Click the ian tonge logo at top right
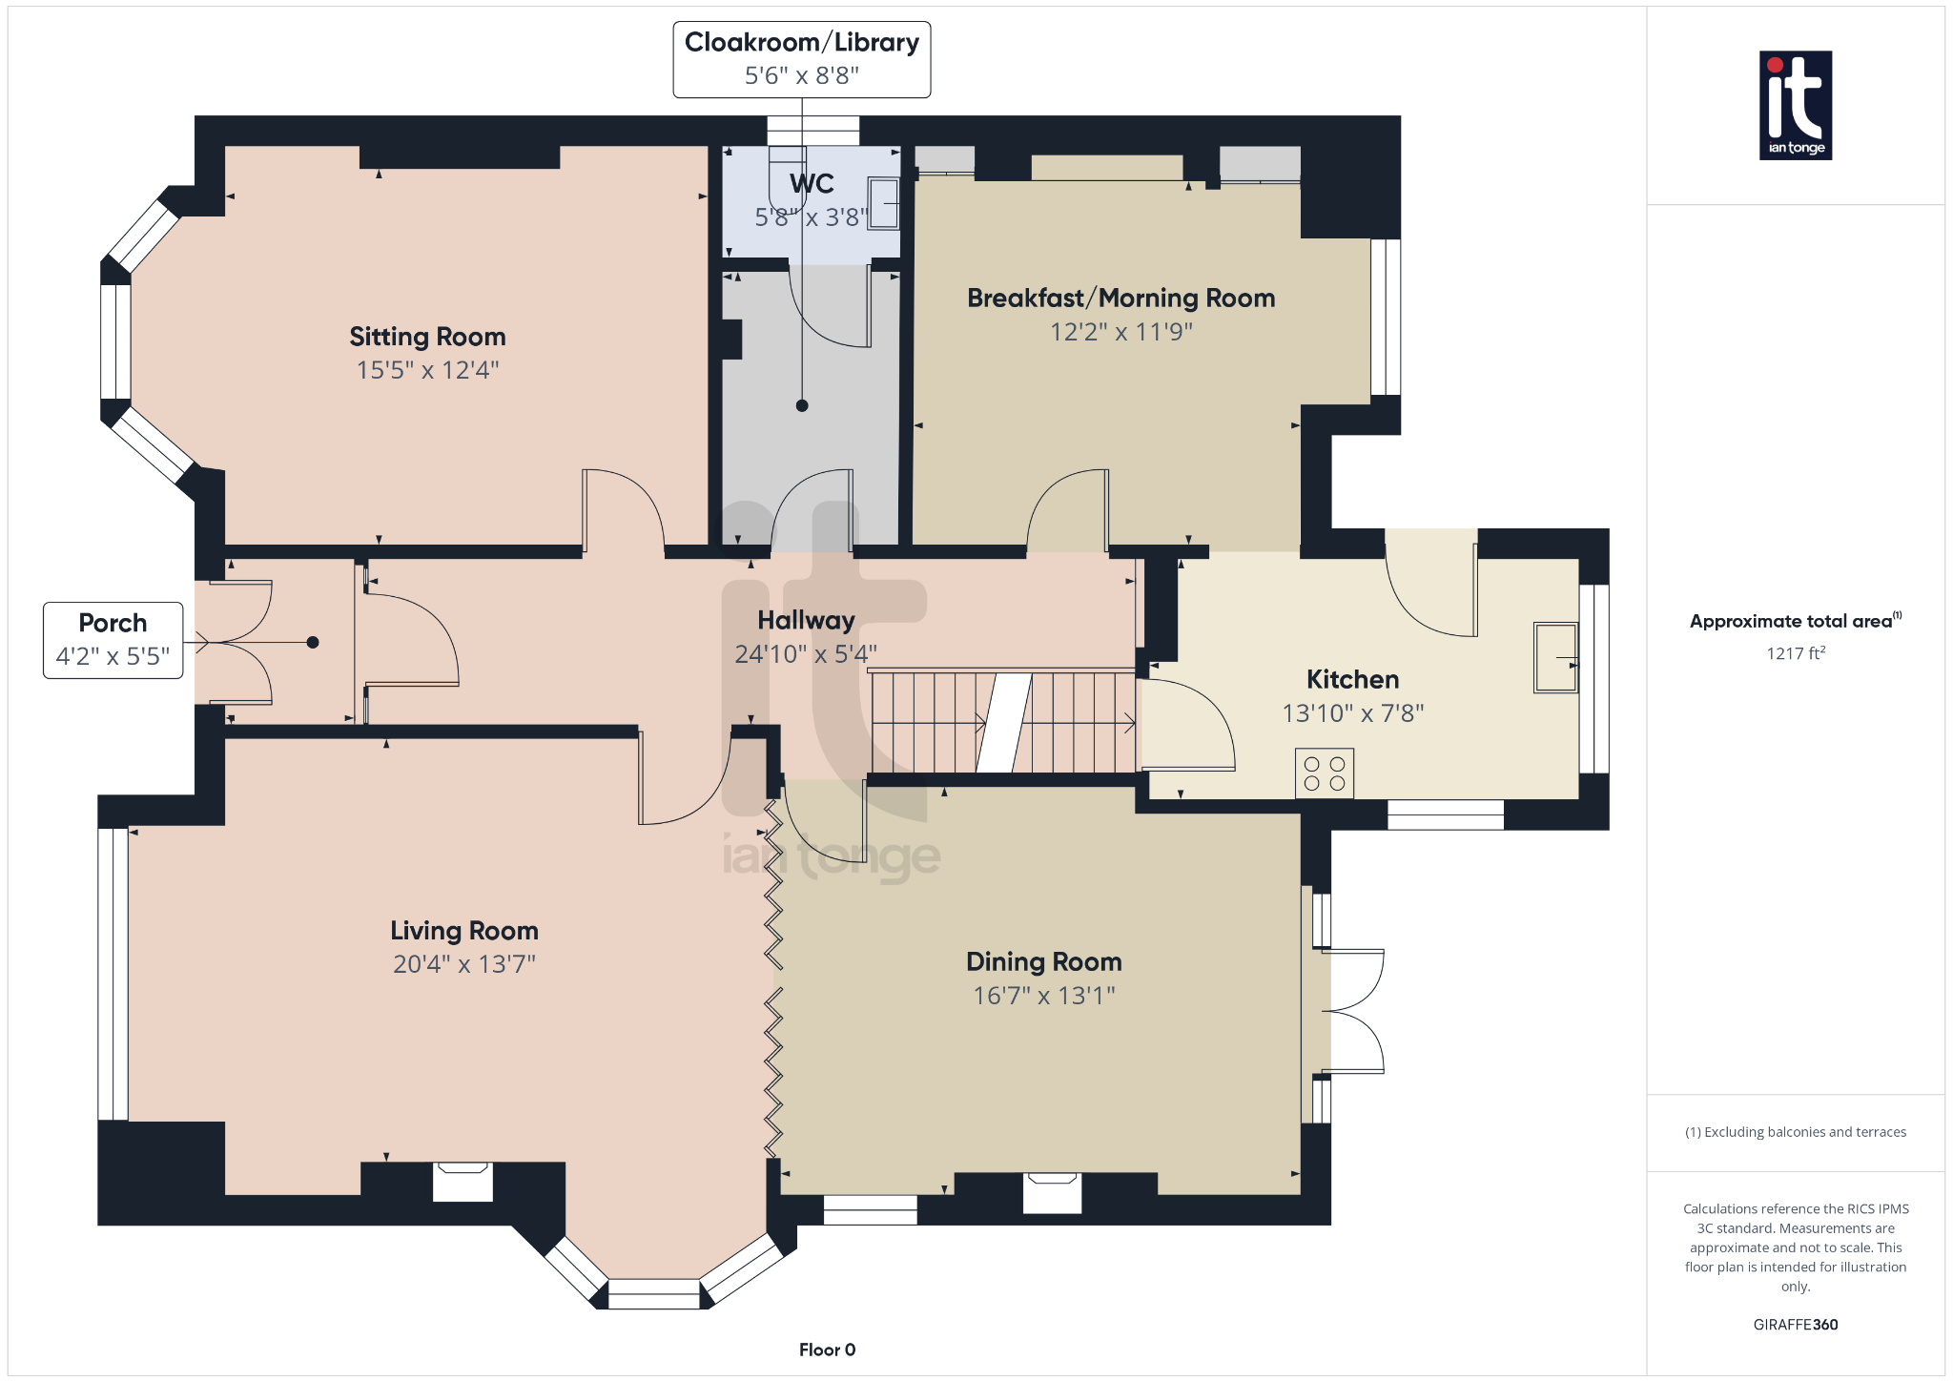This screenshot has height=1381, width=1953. coord(1795,105)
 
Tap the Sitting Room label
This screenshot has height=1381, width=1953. coord(427,337)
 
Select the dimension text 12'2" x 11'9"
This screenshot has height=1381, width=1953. coord(1120,332)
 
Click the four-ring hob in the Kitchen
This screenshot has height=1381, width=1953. coord(1324,773)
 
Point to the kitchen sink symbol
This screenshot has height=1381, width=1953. coord(1555,657)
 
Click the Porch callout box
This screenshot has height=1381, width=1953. coord(113,640)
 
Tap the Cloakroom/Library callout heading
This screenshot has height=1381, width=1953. coord(801,43)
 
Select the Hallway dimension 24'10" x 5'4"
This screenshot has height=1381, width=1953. coord(805,654)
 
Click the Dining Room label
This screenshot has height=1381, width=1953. coord(1043,961)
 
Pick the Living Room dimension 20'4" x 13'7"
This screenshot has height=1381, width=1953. coord(464,964)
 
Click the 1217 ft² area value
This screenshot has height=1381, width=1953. coord(1795,653)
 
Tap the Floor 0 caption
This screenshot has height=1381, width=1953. coord(827,1350)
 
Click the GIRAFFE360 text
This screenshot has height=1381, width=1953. coord(1795,1325)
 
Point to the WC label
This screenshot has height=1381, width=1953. coord(812,183)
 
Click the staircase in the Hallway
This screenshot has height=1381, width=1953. coord(1001,722)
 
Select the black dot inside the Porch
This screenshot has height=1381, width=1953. coord(313,643)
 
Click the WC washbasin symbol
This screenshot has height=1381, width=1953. coord(883,202)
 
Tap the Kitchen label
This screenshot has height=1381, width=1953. coord(1352,680)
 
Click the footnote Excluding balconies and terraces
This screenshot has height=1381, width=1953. coord(1795,1132)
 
